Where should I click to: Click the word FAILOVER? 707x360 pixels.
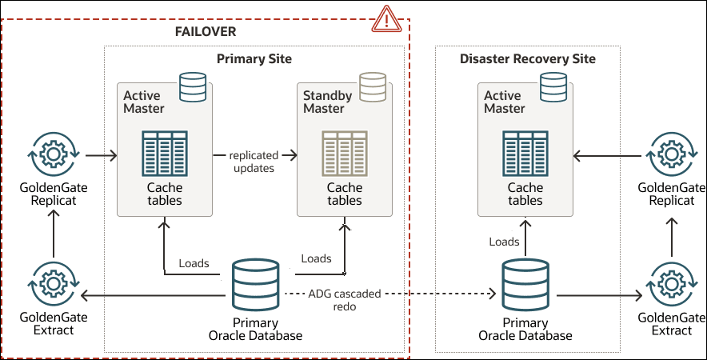click(x=206, y=31)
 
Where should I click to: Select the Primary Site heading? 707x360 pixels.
click(x=254, y=59)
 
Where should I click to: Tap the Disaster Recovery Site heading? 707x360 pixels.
click(x=528, y=59)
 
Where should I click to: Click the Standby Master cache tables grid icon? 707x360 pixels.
click(x=345, y=153)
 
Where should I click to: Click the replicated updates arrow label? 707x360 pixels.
click(x=252, y=162)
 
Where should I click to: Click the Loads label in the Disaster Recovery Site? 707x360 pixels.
click(x=504, y=242)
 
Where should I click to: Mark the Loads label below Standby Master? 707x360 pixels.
click(x=316, y=258)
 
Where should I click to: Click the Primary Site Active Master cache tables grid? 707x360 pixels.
click(x=164, y=153)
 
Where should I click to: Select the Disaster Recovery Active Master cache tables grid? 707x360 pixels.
click(x=525, y=153)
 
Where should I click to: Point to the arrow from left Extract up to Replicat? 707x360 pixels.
click(x=52, y=236)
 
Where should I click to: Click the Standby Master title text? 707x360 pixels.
click(x=327, y=102)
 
